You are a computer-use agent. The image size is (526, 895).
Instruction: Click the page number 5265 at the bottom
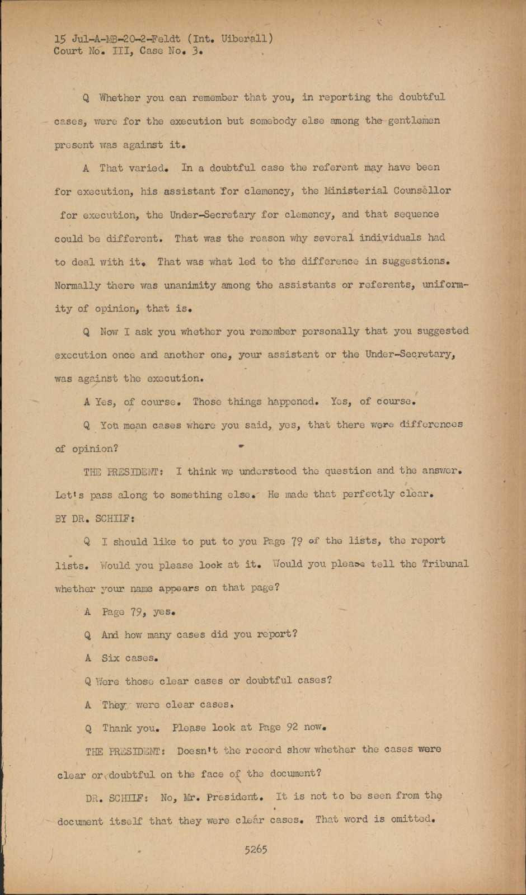pos(256,849)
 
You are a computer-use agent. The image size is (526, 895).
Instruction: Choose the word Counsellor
pos(423,191)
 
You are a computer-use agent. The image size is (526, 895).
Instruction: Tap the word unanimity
pos(190,285)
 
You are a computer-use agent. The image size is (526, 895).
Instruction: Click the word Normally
pos(78,286)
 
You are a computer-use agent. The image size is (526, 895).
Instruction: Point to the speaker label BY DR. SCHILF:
pos(95,518)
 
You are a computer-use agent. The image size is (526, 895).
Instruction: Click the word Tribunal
pos(445,564)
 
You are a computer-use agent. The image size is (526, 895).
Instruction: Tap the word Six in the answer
pos(110,658)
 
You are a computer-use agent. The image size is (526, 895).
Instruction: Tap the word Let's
pos(69,495)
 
